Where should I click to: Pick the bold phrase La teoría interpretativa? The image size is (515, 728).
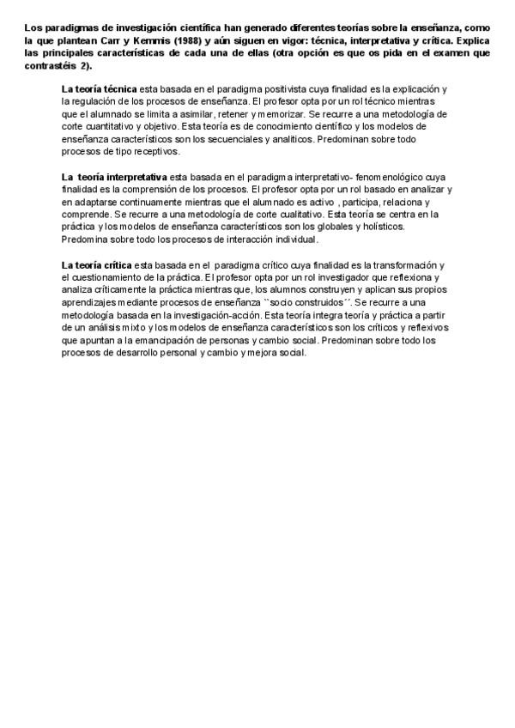114,177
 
